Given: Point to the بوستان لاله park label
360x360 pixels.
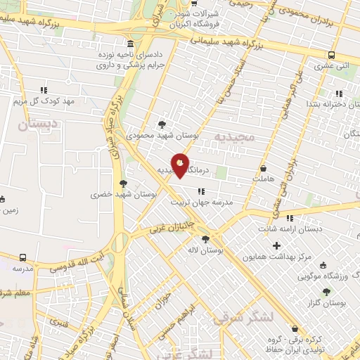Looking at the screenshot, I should click(205, 250).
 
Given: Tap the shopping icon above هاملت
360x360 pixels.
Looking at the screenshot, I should click(264, 169).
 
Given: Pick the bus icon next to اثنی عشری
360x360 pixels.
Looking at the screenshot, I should click(330, 55).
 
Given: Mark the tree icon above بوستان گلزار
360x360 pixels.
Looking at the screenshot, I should click(326, 291).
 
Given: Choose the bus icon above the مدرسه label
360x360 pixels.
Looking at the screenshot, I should click(23, 258).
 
